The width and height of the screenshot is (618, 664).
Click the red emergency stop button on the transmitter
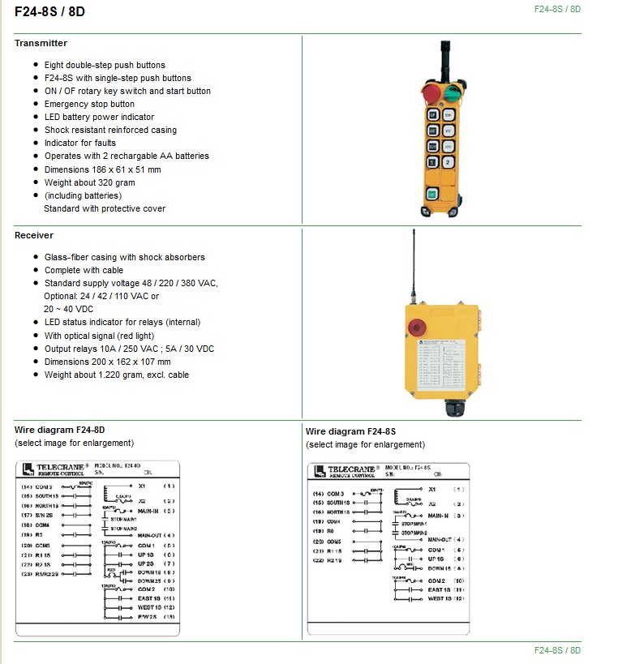coord(431,92)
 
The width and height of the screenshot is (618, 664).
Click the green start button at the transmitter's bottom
coord(432,193)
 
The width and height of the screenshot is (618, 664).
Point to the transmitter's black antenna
coord(444,58)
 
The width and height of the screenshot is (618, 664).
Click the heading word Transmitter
coord(41,43)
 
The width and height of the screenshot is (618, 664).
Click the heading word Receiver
coord(34,235)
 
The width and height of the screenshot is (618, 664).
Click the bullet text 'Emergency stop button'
coord(89,104)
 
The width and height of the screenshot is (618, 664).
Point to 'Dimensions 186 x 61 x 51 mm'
coord(102,169)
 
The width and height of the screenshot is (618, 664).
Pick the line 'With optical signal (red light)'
coord(99,336)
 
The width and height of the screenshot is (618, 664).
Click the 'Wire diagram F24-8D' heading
coord(60,430)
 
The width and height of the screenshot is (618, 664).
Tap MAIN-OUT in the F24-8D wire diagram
coord(150,536)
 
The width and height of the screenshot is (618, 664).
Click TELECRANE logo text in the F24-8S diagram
coord(353,469)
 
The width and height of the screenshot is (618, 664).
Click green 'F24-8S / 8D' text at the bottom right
coord(557,650)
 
